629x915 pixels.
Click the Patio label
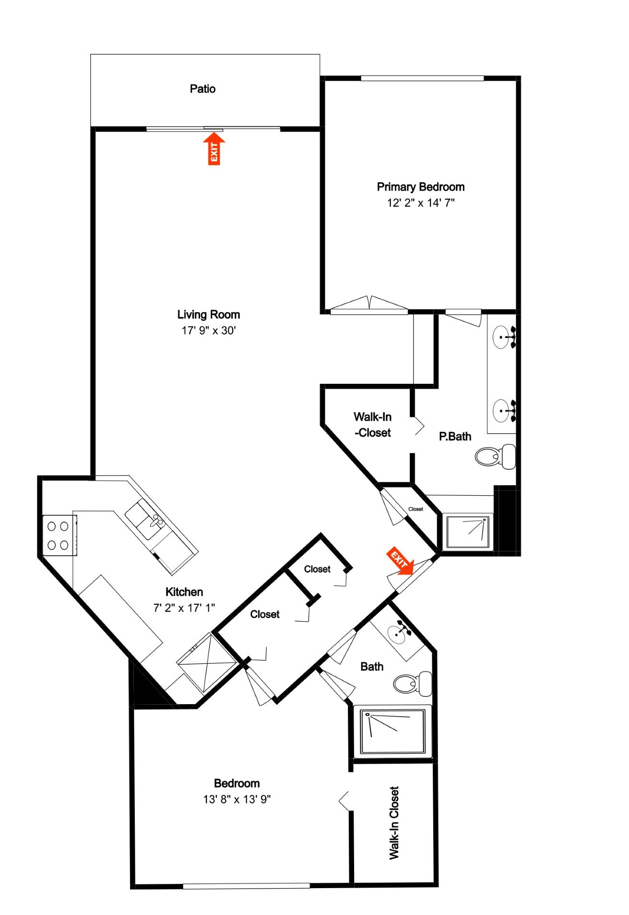pos(202,89)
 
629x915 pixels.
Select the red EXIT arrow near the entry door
pos(400,560)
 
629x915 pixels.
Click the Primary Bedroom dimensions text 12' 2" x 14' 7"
pos(420,203)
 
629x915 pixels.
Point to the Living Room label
pos(208,315)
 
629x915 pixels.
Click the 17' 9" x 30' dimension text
pos(208,330)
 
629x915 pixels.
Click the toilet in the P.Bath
pos(495,456)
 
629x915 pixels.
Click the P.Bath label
pos(455,437)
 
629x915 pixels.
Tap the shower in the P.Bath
pos(467,532)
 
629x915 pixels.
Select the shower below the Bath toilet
pos(392,731)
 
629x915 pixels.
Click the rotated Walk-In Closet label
pos(394,822)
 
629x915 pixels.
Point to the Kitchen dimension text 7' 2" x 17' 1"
pos(184,608)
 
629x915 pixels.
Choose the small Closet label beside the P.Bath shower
pos(415,509)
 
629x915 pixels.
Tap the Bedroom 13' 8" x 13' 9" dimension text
pos(237,799)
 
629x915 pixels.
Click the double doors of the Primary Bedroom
pos(369,305)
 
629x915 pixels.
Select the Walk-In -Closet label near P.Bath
pos(372,425)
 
